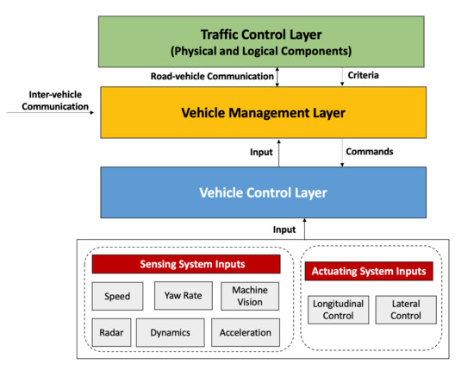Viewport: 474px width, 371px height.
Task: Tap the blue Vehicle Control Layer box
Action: [262, 192]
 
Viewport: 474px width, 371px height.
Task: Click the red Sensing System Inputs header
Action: [186, 264]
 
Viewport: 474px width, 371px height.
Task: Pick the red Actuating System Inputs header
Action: [367, 272]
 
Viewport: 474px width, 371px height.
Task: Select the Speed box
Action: [117, 296]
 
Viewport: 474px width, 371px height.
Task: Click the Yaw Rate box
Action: [183, 296]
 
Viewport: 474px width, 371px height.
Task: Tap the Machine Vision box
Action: [250, 296]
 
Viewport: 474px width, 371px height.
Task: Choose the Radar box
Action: [111, 331]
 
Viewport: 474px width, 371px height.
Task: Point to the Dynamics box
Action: [171, 331]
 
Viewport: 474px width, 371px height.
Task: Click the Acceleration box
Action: [245, 331]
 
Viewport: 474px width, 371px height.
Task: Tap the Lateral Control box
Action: [406, 309]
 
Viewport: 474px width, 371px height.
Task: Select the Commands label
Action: [369, 152]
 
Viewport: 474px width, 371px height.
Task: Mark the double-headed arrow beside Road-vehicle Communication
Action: [278, 77]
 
